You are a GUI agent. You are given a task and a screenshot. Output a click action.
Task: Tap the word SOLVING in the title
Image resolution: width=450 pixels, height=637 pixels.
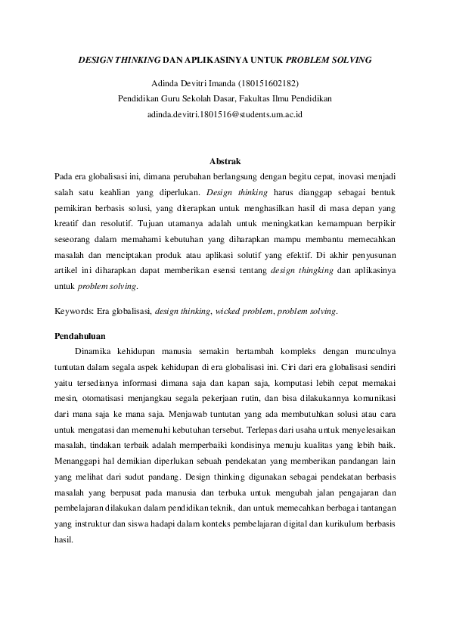pyautogui.click(x=351, y=58)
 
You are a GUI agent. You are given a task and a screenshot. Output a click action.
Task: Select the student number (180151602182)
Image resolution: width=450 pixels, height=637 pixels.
pyautogui.click(x=269, y=82)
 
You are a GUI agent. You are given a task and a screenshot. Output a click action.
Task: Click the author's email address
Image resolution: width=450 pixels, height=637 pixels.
pyautogui.click(x=225, y=113)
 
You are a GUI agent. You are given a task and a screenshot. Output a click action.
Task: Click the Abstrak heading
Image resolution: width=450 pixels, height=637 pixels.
pyautogui.click(x=225, y=161)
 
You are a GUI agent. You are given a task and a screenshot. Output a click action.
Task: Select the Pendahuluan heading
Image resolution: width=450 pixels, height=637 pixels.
pyautogui.click(x=80, y=335)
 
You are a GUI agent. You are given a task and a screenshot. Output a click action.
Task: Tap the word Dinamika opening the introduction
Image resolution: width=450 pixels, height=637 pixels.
pyautogui.click(x=95, y=351)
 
